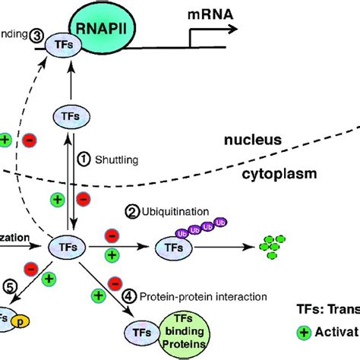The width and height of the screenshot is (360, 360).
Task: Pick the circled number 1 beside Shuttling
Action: [x=86, y=159]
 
